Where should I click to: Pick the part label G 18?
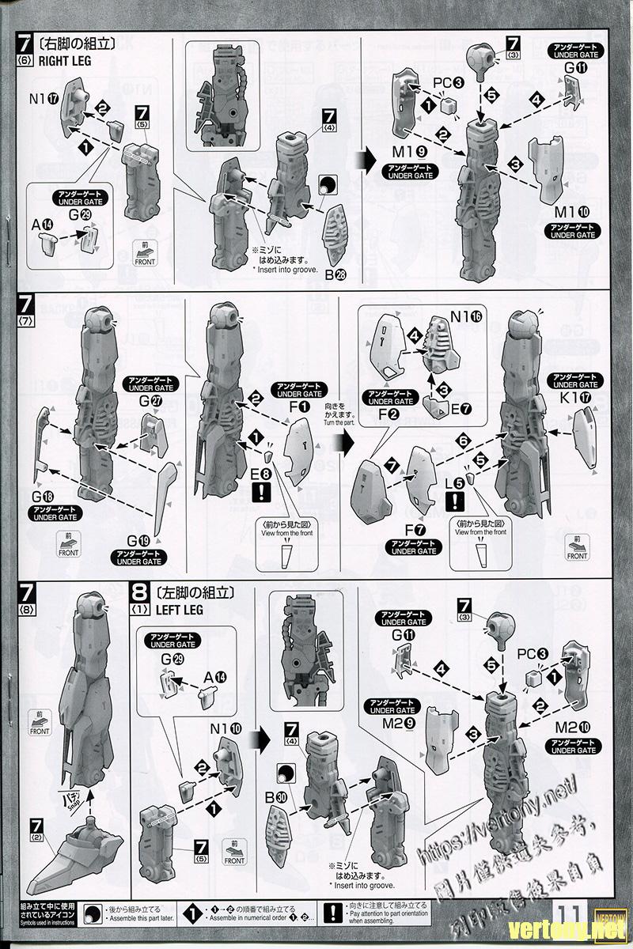43,496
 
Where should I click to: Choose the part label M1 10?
574,211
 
